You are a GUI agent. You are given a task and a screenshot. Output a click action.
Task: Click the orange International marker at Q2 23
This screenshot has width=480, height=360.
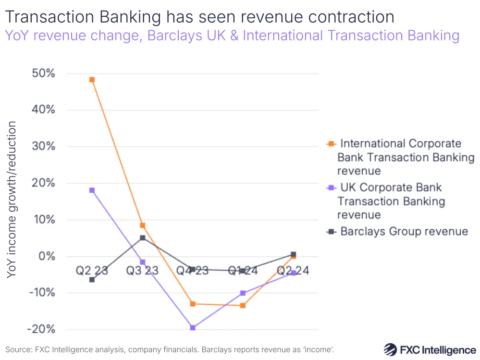92,80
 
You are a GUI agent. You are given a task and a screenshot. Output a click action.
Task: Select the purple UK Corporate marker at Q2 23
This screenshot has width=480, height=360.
92,190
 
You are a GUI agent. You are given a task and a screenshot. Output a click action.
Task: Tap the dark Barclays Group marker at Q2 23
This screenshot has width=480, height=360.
92,279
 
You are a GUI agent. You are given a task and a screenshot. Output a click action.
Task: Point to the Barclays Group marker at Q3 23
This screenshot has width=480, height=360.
142,238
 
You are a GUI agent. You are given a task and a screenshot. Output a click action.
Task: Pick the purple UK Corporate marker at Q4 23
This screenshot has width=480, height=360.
193,328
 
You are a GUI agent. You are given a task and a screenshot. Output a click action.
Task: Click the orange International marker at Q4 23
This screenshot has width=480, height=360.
193,304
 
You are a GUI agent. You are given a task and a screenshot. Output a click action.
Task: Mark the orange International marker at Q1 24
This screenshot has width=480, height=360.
243,305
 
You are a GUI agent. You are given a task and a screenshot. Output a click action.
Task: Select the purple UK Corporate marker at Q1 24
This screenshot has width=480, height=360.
243,293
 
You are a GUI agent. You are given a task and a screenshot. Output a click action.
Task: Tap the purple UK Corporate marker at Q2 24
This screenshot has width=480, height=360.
293,273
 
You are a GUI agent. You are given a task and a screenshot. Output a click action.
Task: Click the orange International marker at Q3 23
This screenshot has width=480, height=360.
142,225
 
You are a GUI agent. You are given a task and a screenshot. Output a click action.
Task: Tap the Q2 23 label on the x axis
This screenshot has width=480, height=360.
92,271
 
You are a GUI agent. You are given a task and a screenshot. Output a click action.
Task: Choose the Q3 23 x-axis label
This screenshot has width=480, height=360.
142,271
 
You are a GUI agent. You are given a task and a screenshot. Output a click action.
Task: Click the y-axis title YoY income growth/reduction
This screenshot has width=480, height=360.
12,199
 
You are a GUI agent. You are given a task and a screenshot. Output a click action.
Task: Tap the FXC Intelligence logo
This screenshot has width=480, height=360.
430,349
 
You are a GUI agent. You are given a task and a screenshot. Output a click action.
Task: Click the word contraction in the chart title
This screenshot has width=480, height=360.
343,17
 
